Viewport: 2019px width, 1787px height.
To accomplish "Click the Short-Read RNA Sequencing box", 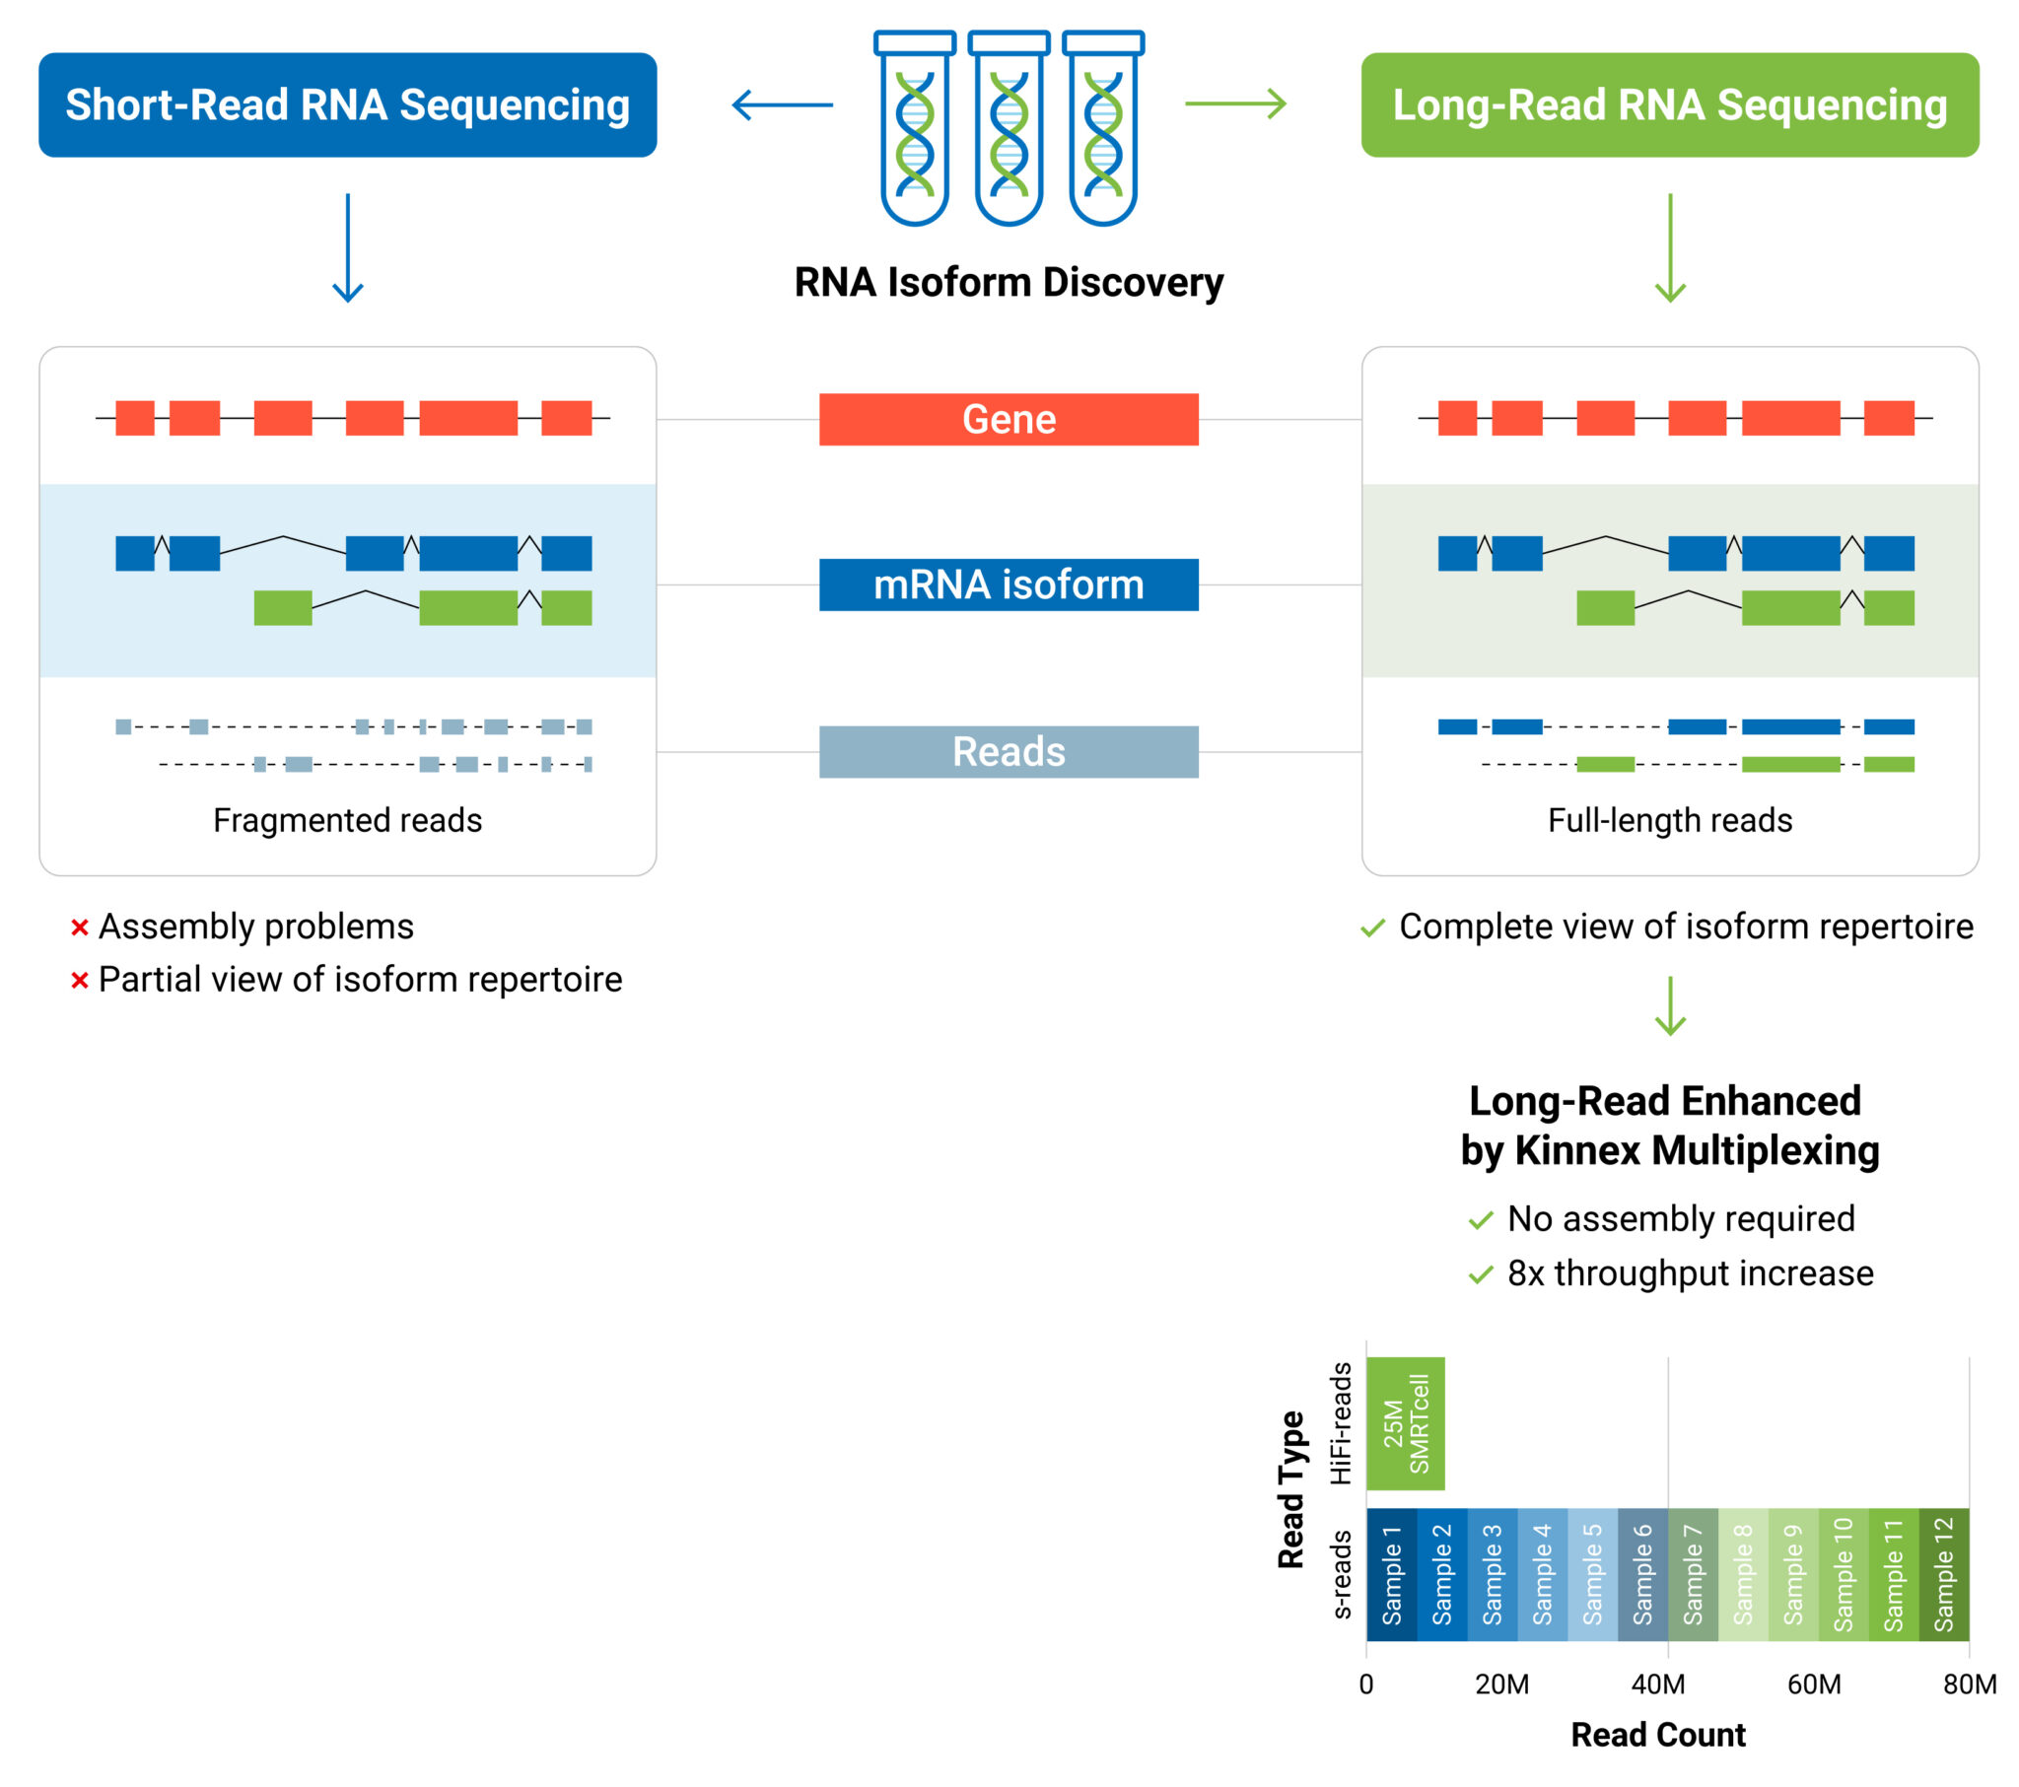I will pyautogui.click(x=347, y=104).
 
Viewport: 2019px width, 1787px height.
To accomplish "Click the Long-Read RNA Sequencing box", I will pyautogui.click(x=1669, y=104).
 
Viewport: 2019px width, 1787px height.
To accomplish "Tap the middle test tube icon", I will pyautogui.click(x=1009, y=128).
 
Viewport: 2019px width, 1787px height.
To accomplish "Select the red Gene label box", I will pyautogui.click(x=1009, y=419).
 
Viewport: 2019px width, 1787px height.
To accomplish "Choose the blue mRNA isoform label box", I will pyautogui.click(x=1009, y=584).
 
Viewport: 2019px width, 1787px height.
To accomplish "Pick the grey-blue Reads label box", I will pyautogui.click(x=1009, y=752).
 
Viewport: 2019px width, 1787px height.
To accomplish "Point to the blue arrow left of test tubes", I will pyautogui.click(x=782, y=103).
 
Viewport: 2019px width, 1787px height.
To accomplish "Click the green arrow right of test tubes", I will pyautogui.click(x=1235, y=103).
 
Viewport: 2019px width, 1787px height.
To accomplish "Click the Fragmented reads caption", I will pyautogui.click(x=348, y=820).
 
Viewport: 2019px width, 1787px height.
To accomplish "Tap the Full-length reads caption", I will pyautogui.click(x=1669, y=820).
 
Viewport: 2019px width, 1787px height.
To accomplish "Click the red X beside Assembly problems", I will pyautogui.click(x=80, y=927).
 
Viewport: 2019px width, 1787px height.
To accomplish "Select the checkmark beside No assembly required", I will pyautogui.click(x=1481, y=1221).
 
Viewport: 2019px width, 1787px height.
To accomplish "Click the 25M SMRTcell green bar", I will pyautogui.click(x=1405, y=1423).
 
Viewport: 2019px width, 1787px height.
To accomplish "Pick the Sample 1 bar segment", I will pyautogui.click(x=1391, y=1575).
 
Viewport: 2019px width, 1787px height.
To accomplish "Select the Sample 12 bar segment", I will pyautogui.click(x=1943, y=1575).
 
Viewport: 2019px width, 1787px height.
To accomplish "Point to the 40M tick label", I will pyautogui.click(x=1658, y=1684).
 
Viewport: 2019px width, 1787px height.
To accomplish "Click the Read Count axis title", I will pyautogui.click(x=1658, y=1735).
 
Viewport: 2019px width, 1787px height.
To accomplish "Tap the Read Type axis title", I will pyautogui.click(x=1291, y=1489).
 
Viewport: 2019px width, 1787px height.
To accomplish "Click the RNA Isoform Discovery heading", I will pyautogui.click(x=1009, y=283).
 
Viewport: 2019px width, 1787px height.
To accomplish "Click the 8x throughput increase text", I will pyautogui.click(x=1689, y=1273).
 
